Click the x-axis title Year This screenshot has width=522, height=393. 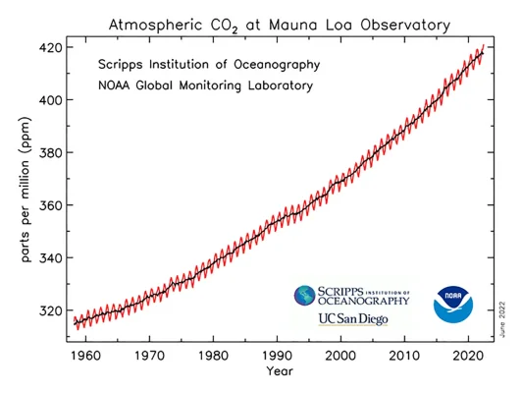click(x=280, y=371)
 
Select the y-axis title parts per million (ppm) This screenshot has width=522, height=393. click(x=24, y=188)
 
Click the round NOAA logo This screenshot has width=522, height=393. click(x=453, y=305)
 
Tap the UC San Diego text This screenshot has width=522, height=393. click(x=352, y=319)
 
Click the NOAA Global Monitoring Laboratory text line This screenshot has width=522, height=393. click(x=205, y=85)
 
